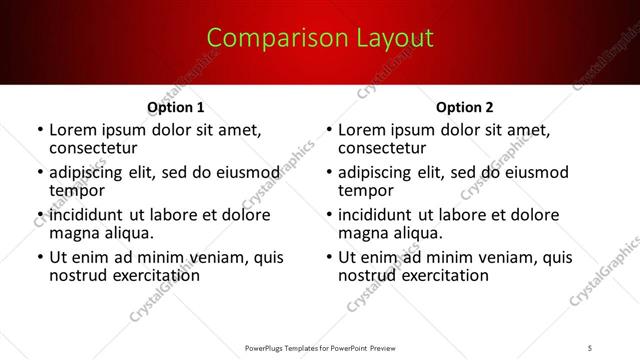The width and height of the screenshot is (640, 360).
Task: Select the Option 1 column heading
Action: point(175,107)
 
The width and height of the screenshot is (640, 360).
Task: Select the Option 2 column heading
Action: point(465,107)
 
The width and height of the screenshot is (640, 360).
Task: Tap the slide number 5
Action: point(593,347)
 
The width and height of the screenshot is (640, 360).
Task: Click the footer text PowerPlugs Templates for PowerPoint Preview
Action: point(320,347)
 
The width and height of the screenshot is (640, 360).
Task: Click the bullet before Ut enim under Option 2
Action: point(329,258)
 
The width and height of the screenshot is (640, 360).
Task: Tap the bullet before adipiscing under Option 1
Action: point(39,173)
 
